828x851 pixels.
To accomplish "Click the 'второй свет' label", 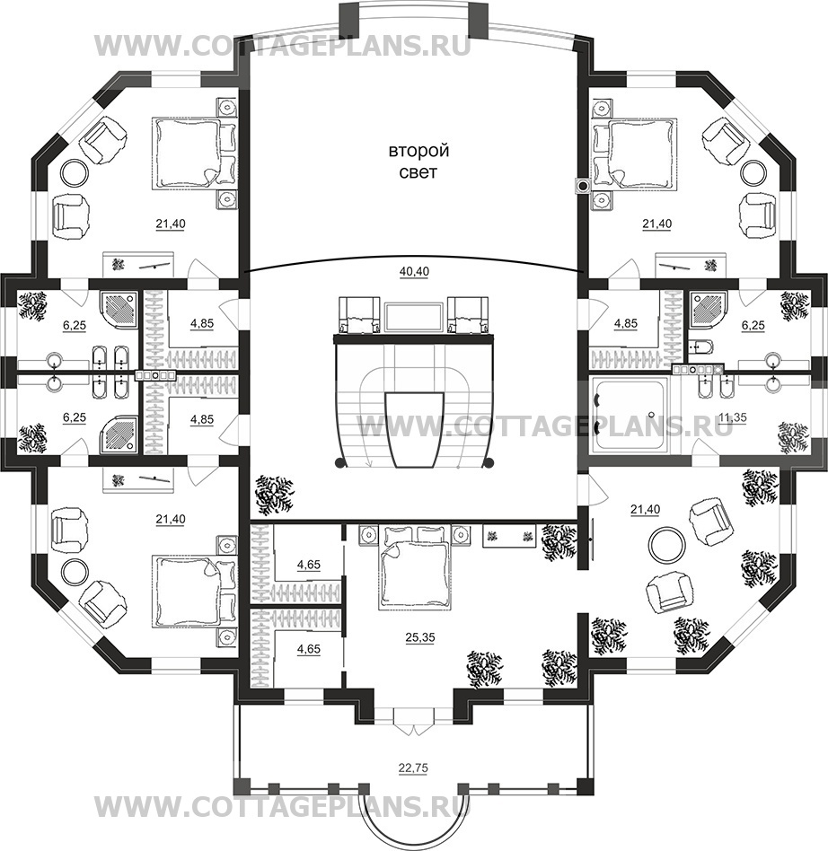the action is (x=418, y=162).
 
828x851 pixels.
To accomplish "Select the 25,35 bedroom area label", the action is (x=420, y=637).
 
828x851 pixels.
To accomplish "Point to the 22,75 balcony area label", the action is (x=412, y=768).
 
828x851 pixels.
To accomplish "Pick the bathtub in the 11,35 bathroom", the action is (x=631, y=416).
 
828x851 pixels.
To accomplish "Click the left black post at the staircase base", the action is (x=339, y=463).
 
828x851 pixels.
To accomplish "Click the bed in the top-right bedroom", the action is (x=635, y=154).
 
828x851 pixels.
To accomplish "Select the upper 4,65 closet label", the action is (x=308, y=565).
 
